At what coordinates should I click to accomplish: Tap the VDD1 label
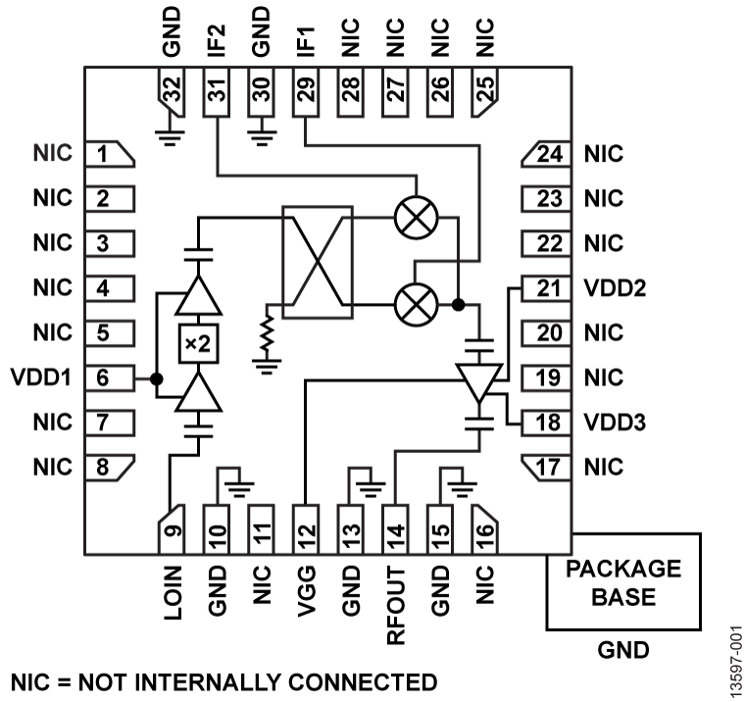tap(39, 376)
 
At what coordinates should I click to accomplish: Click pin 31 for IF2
tap(217, 96)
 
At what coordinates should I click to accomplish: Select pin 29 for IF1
tap(306, 96)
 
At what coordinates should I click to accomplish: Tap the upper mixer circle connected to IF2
tap(416, 219)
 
